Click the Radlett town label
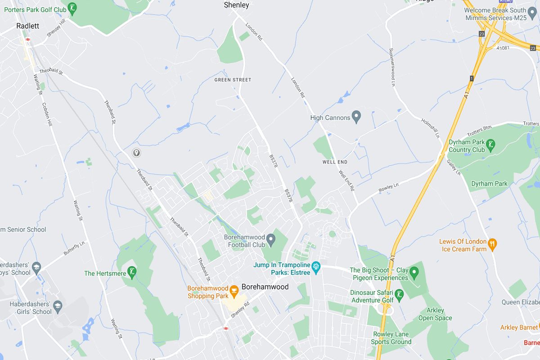click(27, 26)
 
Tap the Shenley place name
click(236, 5)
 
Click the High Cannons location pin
click(356, 117)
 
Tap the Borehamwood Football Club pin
click(271, 239)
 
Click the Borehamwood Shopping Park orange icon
click(234, 290)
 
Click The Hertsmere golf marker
click(132, 272)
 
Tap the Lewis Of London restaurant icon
click(493, 244)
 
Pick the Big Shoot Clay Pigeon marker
click(414, 271)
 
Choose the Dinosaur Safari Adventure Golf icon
click(399, 295)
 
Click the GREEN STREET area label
click(233, 80)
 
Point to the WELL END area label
click(335, 162)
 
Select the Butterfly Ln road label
click(74, 248)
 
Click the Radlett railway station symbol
click(28, 40)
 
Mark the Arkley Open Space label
click(435, 314)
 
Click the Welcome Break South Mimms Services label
click(495, 14)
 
